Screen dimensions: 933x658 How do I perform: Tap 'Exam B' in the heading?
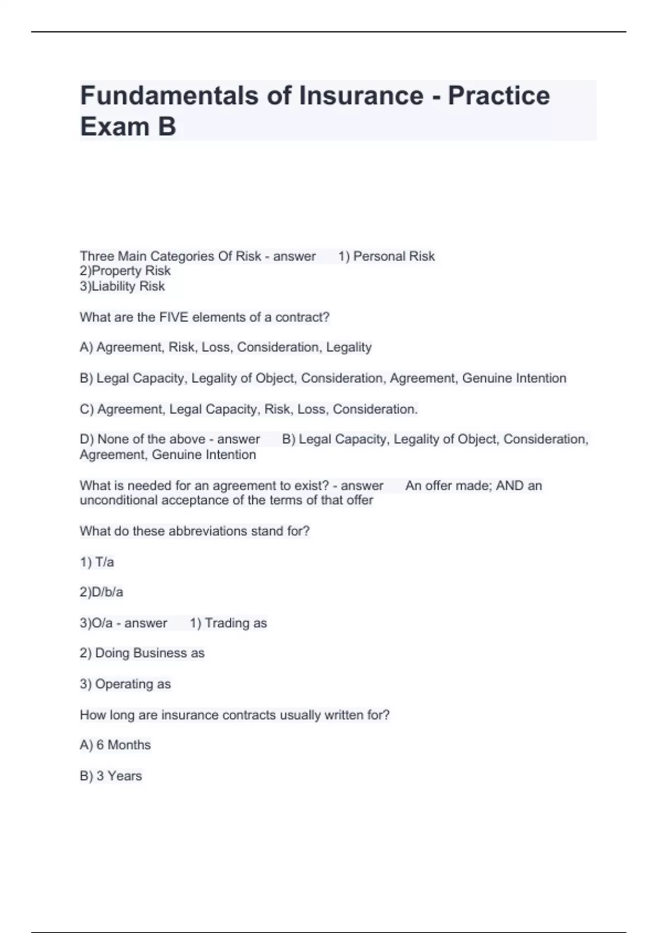128,126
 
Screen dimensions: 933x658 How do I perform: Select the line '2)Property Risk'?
125,271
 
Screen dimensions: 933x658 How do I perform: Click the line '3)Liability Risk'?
122,286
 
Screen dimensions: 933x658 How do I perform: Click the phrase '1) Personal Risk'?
387,256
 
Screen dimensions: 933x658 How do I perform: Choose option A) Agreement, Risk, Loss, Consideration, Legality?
225,347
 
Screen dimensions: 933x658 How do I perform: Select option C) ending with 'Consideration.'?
248,409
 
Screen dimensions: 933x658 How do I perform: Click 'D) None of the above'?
143,440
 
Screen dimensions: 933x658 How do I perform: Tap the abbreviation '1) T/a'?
97,563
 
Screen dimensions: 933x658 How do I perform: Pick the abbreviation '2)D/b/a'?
101,593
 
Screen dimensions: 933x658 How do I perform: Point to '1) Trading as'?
228,623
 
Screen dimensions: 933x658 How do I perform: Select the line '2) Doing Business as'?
142,654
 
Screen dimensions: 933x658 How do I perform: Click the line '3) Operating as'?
125,684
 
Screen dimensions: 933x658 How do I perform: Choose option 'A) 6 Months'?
115,745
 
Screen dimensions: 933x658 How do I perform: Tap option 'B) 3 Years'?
111,776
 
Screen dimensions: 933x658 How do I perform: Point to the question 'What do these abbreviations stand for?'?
195,531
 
